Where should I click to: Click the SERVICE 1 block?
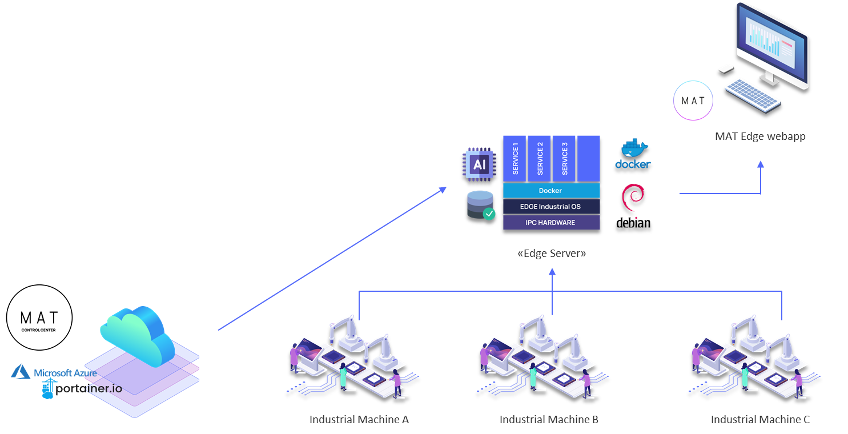[515, 158]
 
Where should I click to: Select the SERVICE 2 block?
[540, 158]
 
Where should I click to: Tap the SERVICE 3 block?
[564, 158]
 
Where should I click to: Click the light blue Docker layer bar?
[551, 191]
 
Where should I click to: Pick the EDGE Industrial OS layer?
[551, 206]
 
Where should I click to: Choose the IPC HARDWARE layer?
[551, 222]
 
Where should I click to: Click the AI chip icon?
[479, 164]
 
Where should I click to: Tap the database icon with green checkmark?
[481, 205]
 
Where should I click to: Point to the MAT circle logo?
[693, 101]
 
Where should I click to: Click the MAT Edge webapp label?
[760, 136]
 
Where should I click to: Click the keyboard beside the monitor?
[752, 94]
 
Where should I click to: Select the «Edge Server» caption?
[551, 253]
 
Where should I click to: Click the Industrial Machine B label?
[549, 420]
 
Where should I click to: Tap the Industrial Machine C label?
[759, 420]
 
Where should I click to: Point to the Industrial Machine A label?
[359, 420]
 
